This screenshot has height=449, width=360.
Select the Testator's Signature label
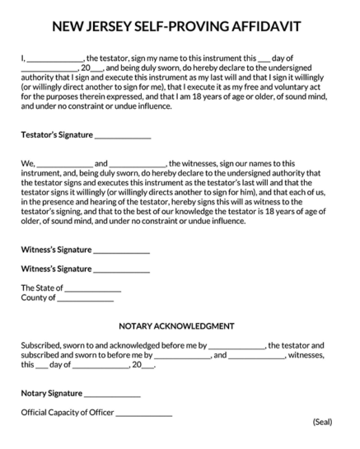pos(57,134)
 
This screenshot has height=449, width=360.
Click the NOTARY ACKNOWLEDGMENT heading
pos(176,326)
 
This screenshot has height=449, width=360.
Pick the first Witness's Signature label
pos(56,250)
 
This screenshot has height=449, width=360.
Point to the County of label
pos(38,298)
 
